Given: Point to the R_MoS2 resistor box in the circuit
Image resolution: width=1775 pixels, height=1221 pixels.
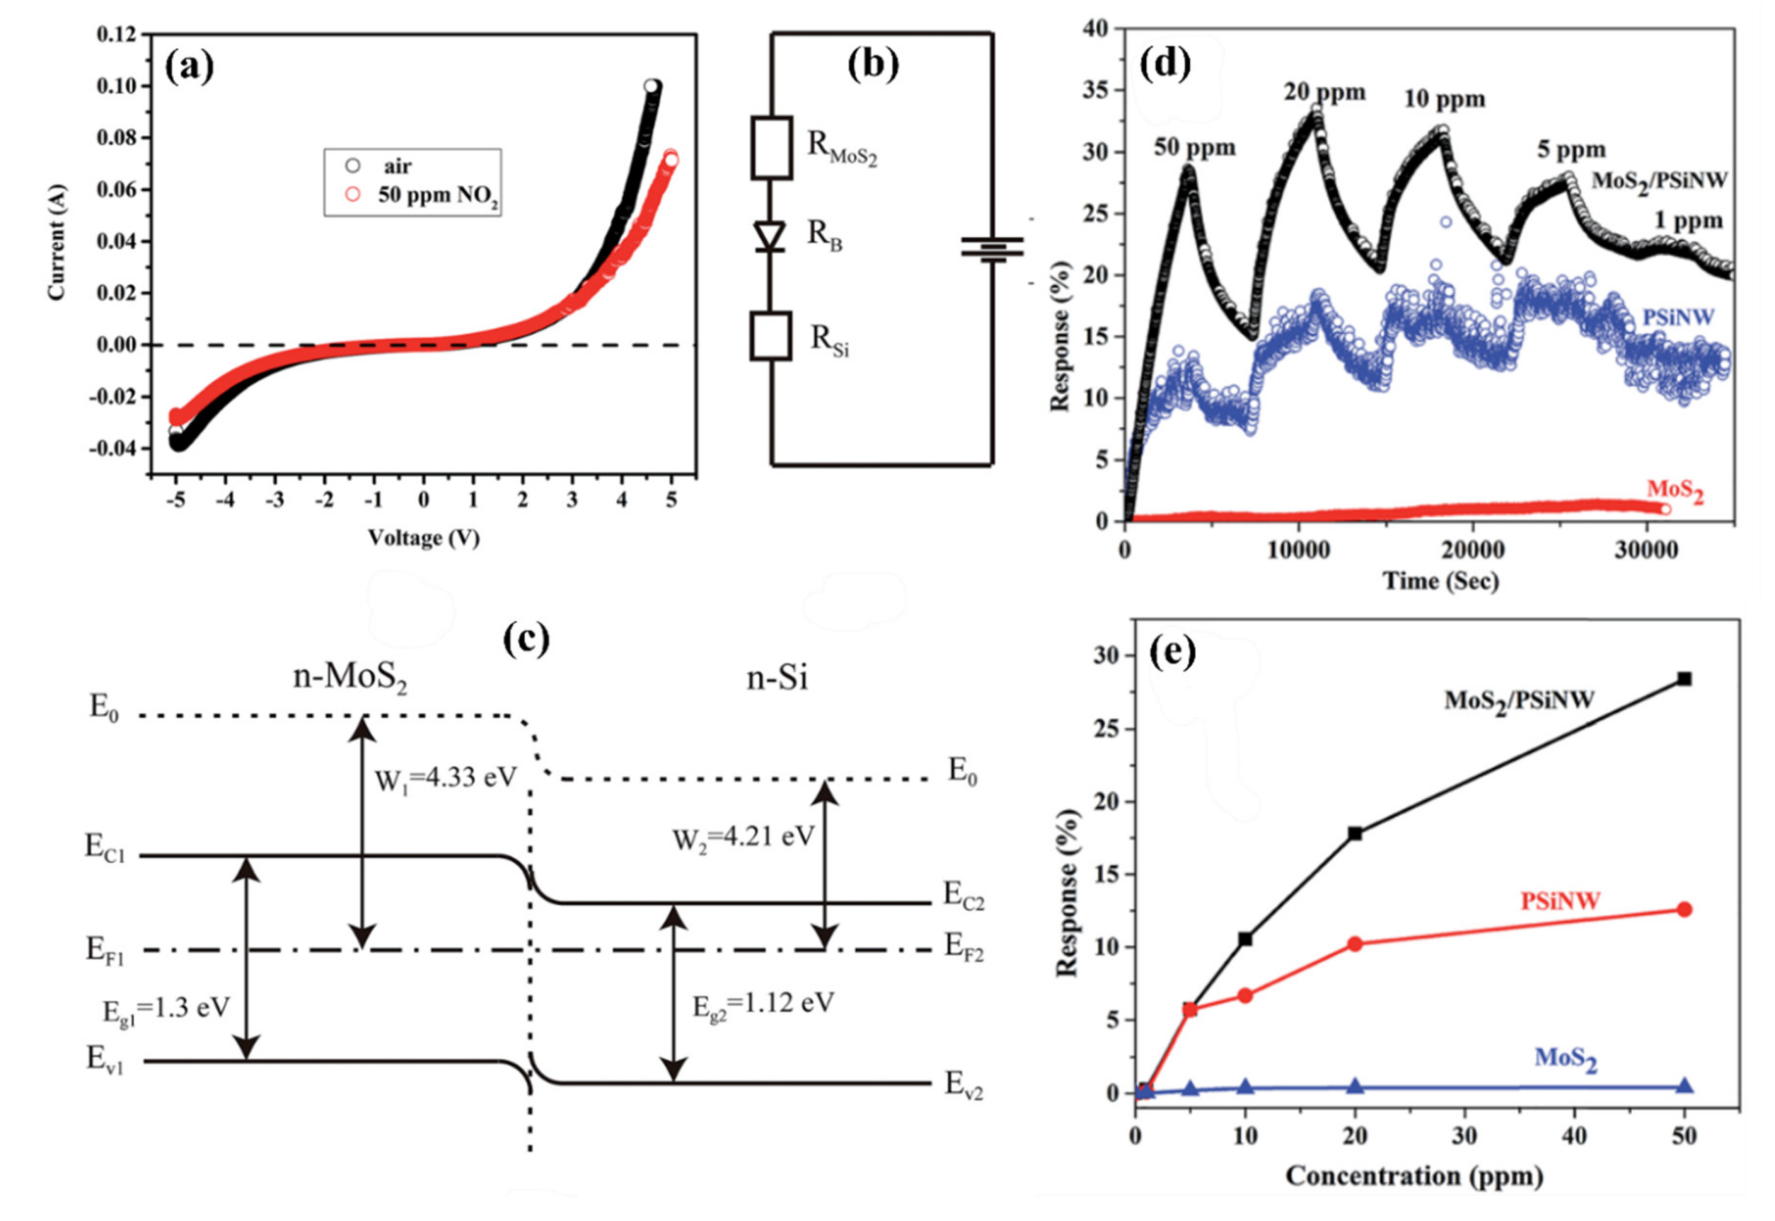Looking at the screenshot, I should point(771,148).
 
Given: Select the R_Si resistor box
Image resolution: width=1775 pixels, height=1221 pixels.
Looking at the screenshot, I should point(771,336).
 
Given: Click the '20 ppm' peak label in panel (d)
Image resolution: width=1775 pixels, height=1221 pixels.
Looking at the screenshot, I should point(1324,93).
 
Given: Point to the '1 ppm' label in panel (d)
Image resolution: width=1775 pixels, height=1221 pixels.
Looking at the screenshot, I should point(1688,221).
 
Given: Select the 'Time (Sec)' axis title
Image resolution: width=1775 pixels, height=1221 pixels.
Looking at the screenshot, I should point(1440,581).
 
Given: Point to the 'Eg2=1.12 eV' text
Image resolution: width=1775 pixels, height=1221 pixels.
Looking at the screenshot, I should point(763,1004).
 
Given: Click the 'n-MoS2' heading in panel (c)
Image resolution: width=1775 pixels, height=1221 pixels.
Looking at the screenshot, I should point(350,678).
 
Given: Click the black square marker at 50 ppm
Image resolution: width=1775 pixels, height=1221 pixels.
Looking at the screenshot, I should point(1684,679).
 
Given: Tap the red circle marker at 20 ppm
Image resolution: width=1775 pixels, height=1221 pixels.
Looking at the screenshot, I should point(1355,944).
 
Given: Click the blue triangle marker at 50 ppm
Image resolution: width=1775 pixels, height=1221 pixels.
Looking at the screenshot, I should point(1684,1086).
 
